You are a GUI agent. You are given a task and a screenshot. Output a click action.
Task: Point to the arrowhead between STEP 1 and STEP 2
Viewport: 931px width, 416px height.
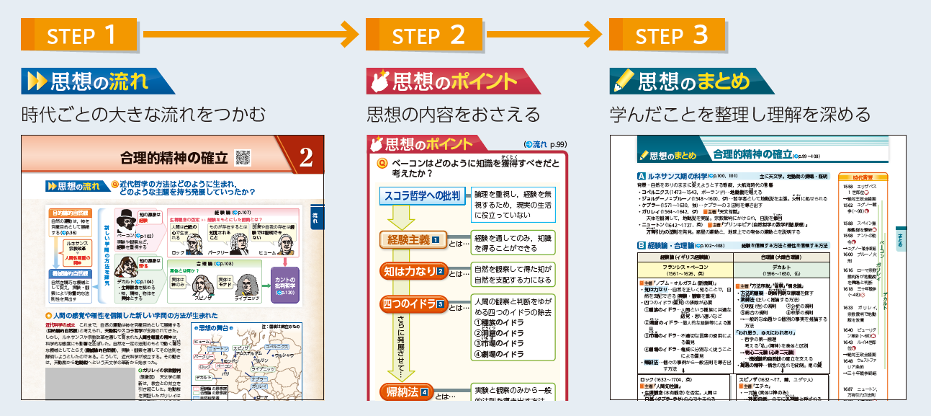(x=351, y=34)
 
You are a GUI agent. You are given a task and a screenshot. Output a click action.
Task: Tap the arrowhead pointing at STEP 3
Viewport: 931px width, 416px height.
(x=594, y=34)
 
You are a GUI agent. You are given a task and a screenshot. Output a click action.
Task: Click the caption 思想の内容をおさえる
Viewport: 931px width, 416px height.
(x=453, y=114)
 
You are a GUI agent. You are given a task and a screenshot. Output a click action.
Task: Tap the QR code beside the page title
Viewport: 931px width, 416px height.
(x=243, y=156)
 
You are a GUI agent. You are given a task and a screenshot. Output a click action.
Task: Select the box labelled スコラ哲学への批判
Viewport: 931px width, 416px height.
(x=421, y=195)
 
